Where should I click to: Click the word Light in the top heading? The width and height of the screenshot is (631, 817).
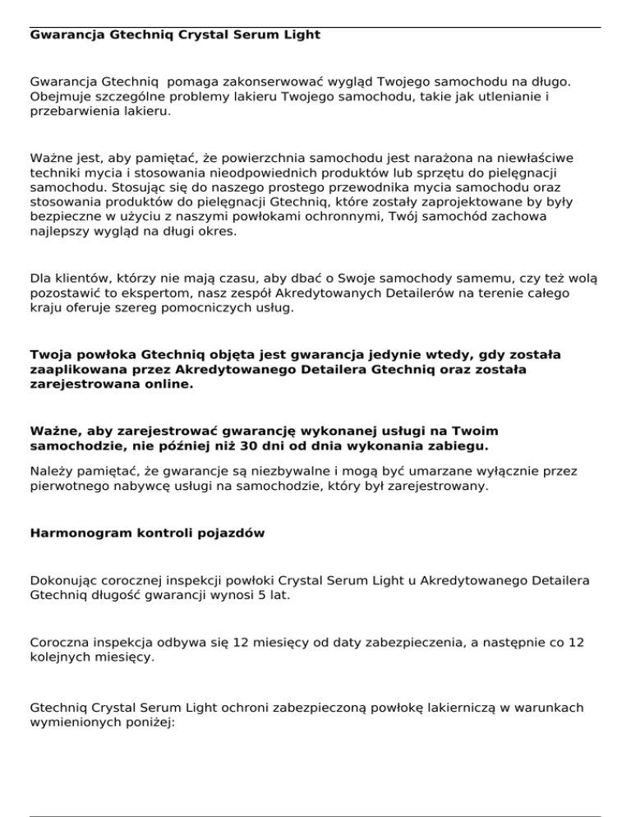pos(301,35)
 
